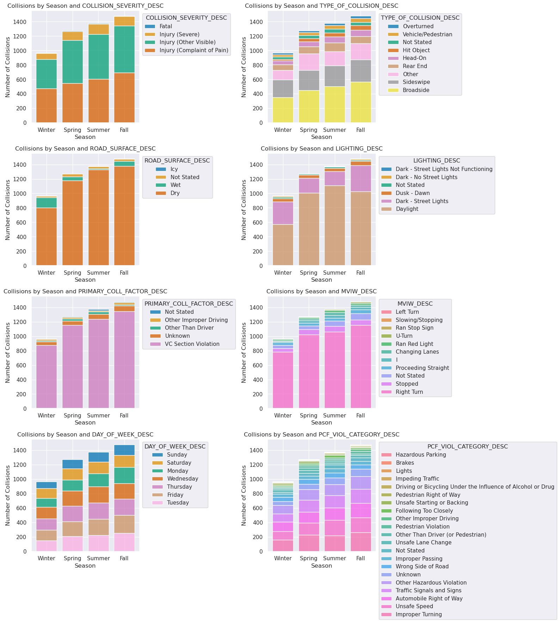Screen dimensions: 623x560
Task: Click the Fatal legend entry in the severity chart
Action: [x=166, y=26]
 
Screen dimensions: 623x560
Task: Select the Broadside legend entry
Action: [x=416, y=90]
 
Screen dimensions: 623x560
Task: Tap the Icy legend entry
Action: [x=174, y=169]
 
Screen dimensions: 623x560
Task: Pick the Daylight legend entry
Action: [x=407, y=209]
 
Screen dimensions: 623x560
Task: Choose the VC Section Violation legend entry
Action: [x=192, y=344]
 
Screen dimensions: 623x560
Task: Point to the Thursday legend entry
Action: [x=179, y=487]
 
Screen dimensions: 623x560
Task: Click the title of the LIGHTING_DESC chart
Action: [x=321, y=149]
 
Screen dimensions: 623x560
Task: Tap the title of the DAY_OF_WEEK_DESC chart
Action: [x=85, y=435]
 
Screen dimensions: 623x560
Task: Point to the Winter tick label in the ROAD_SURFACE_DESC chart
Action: [x=47, y=273]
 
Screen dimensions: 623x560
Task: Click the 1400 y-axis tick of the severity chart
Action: [x=20, y=22]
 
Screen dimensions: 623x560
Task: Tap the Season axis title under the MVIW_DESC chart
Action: [x=321, y=423]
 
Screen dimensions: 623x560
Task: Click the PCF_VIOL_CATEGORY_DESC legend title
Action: [x=467, y=447]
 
